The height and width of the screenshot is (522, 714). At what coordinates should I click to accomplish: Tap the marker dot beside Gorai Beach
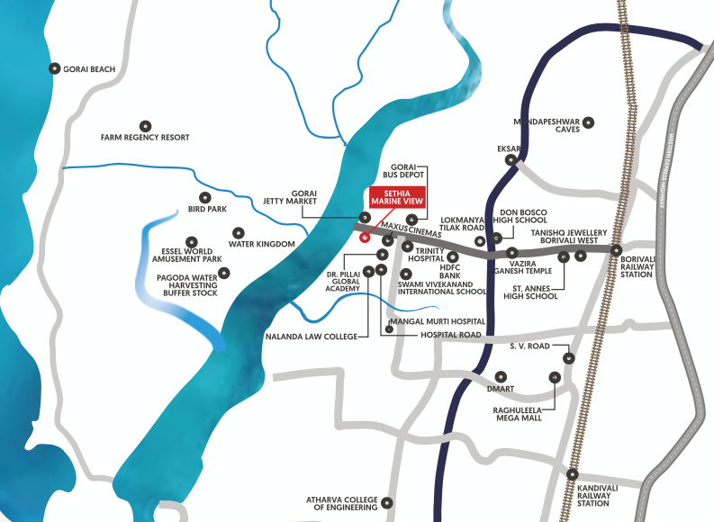[55, 67]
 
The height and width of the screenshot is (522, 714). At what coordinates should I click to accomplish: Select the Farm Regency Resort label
[145, 137]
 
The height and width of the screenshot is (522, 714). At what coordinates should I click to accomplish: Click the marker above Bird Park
[204, 196]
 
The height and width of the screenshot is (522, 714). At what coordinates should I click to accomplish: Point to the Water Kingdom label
[262, 244]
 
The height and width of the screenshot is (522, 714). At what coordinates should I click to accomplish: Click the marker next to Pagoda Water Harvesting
[224, 273]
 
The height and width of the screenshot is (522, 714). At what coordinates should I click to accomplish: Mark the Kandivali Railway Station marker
[573, 473]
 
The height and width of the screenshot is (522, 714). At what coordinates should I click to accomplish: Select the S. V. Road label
[530, 346]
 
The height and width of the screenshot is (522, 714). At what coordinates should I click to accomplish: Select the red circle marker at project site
[365, 238]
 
